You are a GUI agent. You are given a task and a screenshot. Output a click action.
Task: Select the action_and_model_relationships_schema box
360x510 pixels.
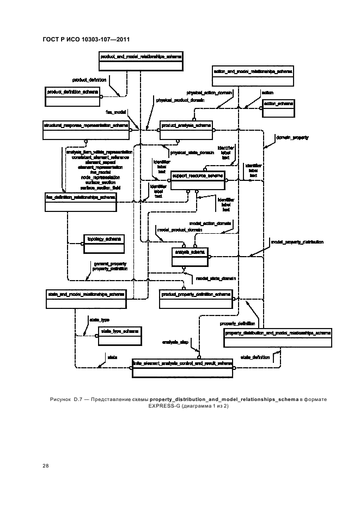tap(253, 75)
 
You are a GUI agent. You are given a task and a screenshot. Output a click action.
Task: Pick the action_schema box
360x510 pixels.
tap(278, 108)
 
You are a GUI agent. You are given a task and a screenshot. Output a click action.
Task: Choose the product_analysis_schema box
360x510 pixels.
tap(186, 130)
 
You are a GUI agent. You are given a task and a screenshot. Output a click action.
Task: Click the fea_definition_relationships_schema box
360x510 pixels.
tap(81, 201)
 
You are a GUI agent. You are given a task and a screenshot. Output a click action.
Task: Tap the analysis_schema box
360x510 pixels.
tap(189, 256)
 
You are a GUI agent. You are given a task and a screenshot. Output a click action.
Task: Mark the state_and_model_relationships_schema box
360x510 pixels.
tap(86, 297)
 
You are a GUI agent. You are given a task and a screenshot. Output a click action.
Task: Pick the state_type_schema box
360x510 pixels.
tap(118, 335)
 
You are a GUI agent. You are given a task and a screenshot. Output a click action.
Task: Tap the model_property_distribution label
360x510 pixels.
tap(297, 241)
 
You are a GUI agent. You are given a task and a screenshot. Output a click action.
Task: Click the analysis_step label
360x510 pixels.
tap(175, 342)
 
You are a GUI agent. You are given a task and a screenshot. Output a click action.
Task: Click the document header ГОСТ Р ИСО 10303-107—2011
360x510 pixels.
tap(86, 40)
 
